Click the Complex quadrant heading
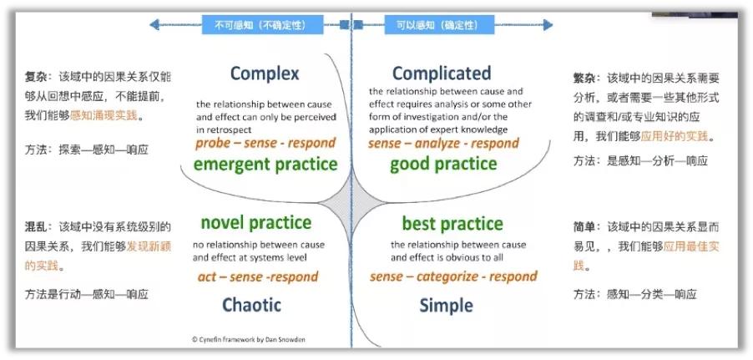265,74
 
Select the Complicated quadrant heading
442,74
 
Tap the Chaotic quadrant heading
251,305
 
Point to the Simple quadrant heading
446,306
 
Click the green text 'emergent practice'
265,165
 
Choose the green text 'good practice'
443,165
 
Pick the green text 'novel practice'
256,223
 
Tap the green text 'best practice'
452,224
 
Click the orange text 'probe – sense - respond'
265,143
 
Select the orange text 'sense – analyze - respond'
444,143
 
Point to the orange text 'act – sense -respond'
258,276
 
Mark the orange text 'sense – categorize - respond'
453,276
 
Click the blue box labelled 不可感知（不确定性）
262,24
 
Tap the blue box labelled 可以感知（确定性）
439,24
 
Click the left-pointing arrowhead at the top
154,24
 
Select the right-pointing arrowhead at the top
548,24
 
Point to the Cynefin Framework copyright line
248,339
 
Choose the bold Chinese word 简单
584,226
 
